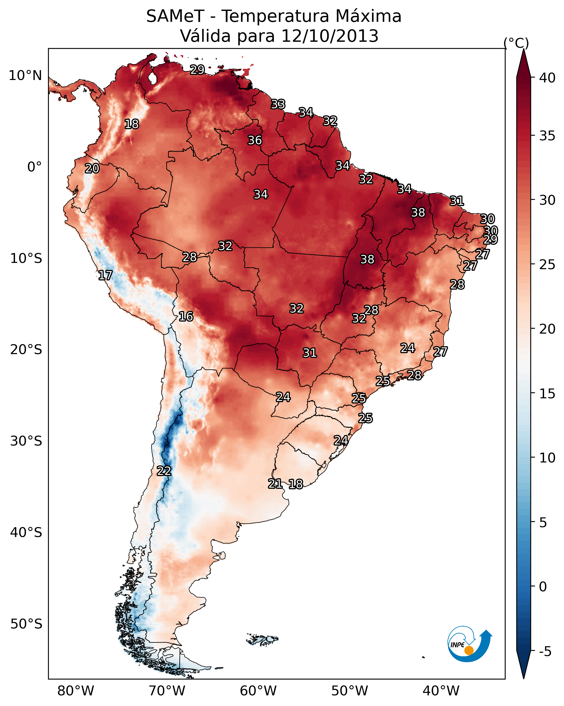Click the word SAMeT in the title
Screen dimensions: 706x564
click(x=175, y=16)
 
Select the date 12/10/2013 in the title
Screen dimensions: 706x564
click(x=330, y=36)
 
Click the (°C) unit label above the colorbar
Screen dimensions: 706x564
click(x=516, y=43)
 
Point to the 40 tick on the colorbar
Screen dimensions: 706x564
click(x=547, y=78)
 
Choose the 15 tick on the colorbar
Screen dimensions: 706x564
click(x=547, y=394)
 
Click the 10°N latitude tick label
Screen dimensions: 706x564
click(x=25, y=76)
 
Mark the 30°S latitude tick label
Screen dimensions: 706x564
click(x=26, y=441)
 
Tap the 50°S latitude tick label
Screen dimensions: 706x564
click(x=26, y=624)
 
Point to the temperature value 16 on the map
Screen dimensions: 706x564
click(x=186, y=317)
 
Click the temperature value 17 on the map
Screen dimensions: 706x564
click(x=105, y=275)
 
